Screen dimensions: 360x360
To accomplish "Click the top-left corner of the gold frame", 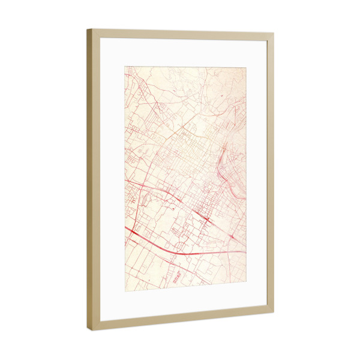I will (88, 30).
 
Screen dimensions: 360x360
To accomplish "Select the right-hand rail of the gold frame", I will (270, 174).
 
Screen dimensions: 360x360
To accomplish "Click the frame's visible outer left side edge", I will (89, 180).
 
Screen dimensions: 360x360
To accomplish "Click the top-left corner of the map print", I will (125, 67).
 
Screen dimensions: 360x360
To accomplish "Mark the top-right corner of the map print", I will (246, 67).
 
